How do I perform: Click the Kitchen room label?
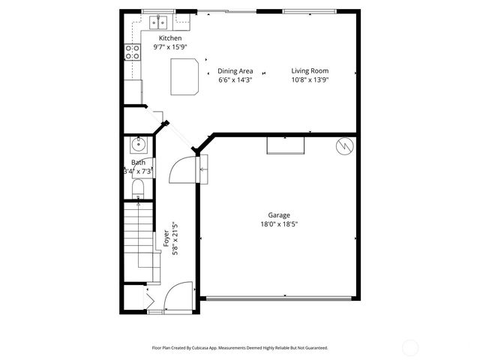[170, 38]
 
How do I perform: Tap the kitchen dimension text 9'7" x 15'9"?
[170, 46]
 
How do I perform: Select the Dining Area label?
[235, 71]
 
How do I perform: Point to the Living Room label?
[310, 71]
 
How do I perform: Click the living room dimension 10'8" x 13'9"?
[310, 79]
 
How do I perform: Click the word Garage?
[279, 215]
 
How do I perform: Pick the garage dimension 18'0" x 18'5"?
[279, 223]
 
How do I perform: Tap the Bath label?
[139, 163]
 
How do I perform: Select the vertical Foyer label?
[166, 238]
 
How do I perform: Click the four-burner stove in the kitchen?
[133, 52]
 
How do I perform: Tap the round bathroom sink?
[137, 145]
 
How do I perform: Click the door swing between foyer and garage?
[183, 170]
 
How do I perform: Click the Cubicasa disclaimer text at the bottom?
[240, 348]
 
